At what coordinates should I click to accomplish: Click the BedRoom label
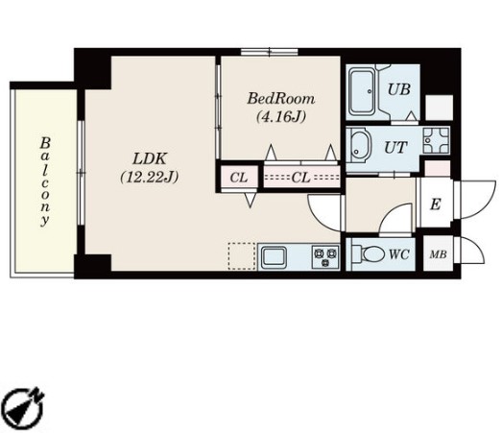pos(281,99)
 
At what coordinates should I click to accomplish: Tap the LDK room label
pos(150,158)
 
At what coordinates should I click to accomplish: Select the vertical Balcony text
pos(45,181)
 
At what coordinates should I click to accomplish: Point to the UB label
pos(399,89)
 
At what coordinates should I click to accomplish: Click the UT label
pos(395,148)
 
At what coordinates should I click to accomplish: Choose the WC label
pos(399,254)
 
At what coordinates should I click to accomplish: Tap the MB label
pos(438,254)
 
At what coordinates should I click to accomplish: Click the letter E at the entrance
pos(436,204)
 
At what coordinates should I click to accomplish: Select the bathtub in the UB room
pos(362,91)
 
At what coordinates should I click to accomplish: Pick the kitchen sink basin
pos(274,257)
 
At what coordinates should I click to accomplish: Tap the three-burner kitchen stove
pos(325,257)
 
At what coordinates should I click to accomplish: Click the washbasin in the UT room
pos(360,145)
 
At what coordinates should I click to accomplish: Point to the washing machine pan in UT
pos(436,140)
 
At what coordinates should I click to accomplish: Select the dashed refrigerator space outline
pos(242,256)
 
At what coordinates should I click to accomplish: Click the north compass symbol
pos(25,408)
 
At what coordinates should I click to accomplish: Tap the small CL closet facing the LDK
pos(239,178)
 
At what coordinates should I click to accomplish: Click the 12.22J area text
pos(150,177)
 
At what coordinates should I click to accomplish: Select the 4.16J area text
pos(281,116)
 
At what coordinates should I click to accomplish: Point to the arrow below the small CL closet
pos(251,200)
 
